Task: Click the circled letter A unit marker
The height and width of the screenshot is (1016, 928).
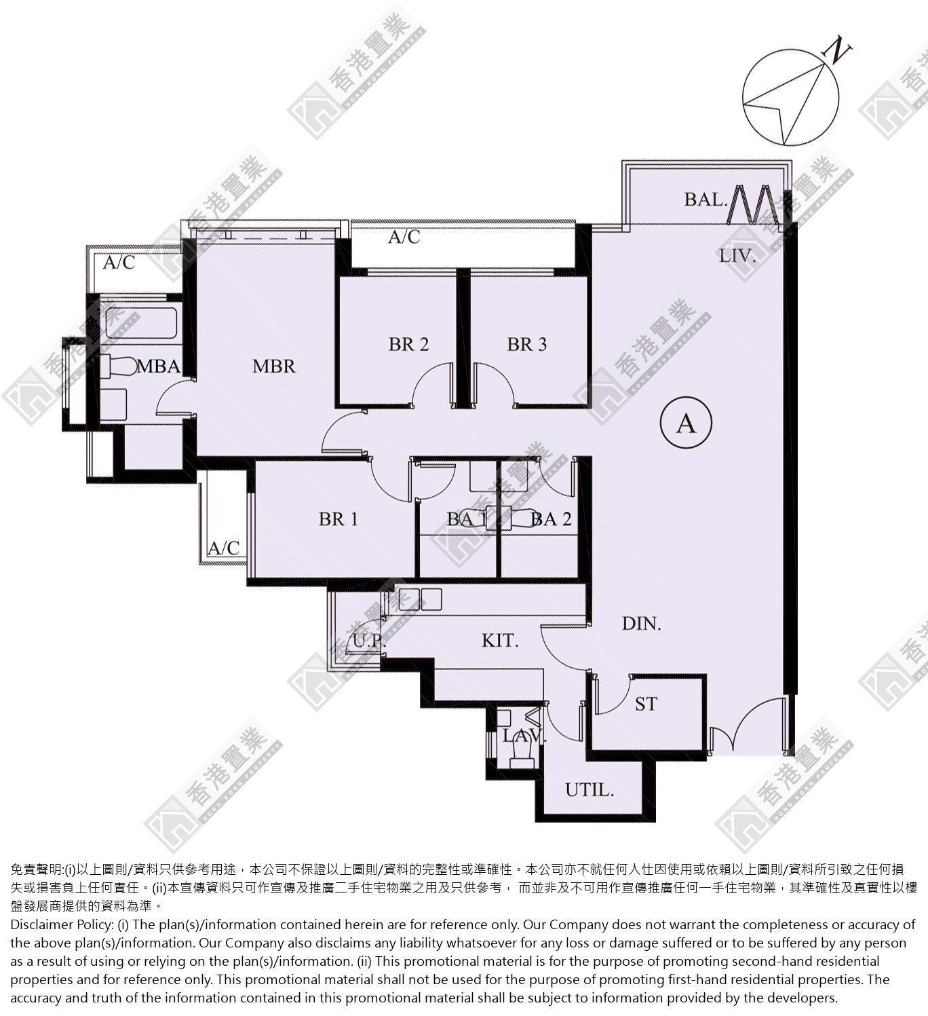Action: click(x=686, y=422)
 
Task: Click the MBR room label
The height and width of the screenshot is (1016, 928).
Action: click(x=274, y=366)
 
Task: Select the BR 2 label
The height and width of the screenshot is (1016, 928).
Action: click(x=408, y=344)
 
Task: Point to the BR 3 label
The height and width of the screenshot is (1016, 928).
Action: click(x=527, y=344)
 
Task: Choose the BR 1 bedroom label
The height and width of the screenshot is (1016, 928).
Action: click(x=339, y=519)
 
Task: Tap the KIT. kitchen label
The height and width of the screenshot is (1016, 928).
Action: click(x=500, y=641)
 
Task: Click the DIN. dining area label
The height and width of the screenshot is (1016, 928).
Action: click(x=642, y=624)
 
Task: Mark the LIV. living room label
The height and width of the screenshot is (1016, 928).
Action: click(x=737, y=257)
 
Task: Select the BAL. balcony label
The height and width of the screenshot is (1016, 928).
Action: click(x=705, y=200)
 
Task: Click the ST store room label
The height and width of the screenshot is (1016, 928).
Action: click(x=646, y=704)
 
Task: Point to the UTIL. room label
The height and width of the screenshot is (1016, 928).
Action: click(x=589, y=789)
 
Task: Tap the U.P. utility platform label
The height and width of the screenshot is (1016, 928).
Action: click(x=370, y=641)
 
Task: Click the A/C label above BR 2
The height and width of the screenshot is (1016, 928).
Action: click(x=404, y=237)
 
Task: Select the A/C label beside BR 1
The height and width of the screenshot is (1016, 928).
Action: click(x=223, y=548)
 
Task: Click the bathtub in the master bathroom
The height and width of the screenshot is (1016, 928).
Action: click(x=141, y=322)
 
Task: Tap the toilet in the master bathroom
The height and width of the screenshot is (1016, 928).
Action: click(x=117, y=366)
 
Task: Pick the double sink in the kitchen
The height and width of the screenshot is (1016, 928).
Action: click(x=420, y=600)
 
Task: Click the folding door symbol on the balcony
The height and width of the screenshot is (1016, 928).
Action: click(x=750, y=204)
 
